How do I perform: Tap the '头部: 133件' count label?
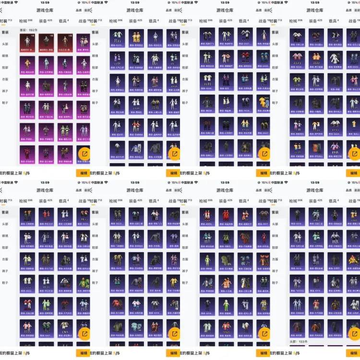pos(299,341)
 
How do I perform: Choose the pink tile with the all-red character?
pos(29,154)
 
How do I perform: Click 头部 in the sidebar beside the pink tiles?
pos(5,44)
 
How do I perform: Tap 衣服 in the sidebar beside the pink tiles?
pos(5,79)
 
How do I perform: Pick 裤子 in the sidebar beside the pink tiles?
pos(5,91)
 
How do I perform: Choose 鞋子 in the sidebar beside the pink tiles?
pos(5,102)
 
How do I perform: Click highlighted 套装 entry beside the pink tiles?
pos(5,32)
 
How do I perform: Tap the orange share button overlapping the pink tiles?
pos(84,154)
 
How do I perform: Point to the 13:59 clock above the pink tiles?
pos(45,2)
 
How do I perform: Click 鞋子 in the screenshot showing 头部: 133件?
pos(276,282)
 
